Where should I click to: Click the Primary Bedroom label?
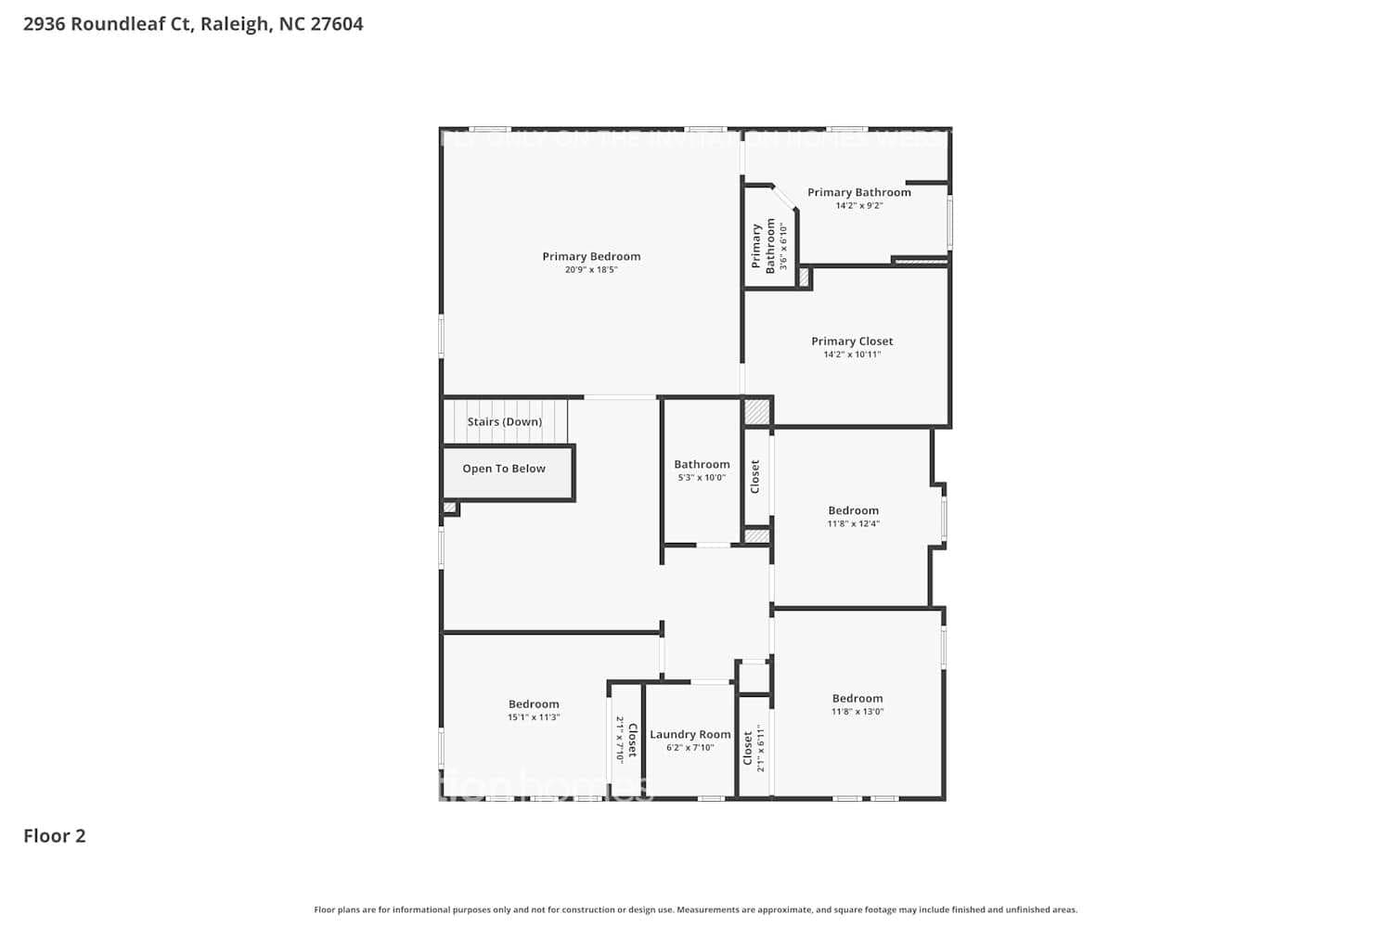[591, 256]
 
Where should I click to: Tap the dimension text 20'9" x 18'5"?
[591, 270]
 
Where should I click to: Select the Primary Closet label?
[852, 341]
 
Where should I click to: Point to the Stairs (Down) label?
[504, 421]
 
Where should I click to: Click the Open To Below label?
[504, 469]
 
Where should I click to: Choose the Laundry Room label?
[690, 734]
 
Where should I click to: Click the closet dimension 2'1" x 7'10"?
[619, 739]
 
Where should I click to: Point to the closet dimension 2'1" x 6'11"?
[761, 748]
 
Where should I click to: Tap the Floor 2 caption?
[55, 835]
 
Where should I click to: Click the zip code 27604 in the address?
[337, 24]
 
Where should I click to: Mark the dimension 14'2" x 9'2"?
[858, 206]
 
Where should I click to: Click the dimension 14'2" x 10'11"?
[852, 354]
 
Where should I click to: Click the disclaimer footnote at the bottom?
[696, 909]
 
